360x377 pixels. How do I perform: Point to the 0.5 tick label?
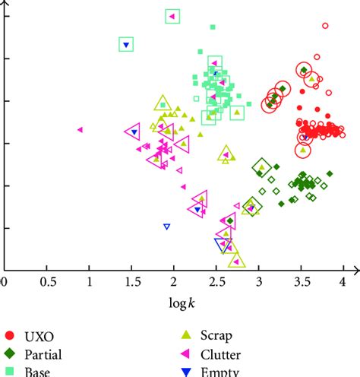47,281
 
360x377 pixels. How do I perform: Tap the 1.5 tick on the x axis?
131,281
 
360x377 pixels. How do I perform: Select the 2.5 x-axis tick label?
216,281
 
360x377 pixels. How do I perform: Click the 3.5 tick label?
302,281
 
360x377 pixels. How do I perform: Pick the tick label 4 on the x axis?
343,281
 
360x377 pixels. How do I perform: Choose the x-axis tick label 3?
259,281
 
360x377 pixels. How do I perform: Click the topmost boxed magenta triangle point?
172,16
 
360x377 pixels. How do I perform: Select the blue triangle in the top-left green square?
127,45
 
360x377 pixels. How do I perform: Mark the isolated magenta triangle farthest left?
80,129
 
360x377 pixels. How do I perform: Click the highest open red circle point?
325,25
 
